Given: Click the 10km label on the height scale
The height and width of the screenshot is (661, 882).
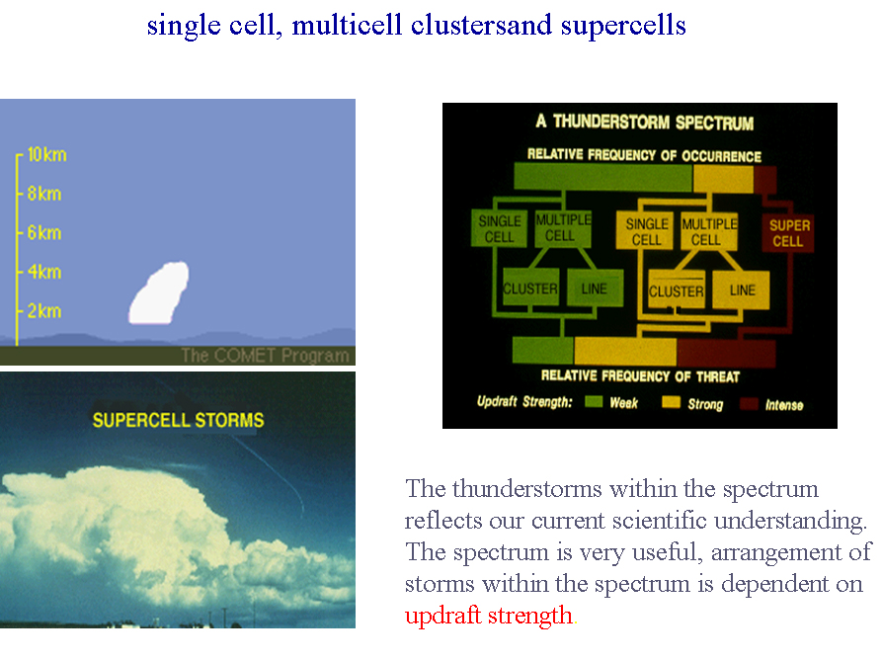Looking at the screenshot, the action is point(46,154).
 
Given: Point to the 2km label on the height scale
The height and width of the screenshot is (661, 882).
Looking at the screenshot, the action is point(43,310).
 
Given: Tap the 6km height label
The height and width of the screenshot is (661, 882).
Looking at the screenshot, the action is point(43,232).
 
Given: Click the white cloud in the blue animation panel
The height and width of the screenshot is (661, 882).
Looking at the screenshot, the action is point(159,293).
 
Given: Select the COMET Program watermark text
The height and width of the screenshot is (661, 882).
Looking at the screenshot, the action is point(265,356).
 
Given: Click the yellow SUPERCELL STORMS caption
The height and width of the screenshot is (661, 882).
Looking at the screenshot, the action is point(179,420).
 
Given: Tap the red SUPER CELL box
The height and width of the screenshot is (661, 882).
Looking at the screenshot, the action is point(788,233).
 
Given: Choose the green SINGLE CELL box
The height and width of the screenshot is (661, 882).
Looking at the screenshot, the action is point(499,229).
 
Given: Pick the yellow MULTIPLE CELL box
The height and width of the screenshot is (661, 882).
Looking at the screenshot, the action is point(709,231).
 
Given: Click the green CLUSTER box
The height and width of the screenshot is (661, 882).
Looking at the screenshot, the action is point(530,289).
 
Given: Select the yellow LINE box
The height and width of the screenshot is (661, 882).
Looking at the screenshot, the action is point(742,289).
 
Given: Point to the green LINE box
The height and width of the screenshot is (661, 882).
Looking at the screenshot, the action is point(595,289).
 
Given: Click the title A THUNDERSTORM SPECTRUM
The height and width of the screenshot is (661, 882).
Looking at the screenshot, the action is point(645,123).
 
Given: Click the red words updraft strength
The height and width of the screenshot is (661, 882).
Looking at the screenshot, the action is point(488,616).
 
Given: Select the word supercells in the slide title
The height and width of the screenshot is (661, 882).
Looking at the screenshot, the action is point(623,26).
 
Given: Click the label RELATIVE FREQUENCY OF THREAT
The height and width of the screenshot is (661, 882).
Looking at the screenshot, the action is point(640,375).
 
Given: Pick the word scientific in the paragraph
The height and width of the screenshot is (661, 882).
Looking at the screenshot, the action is point(659,521).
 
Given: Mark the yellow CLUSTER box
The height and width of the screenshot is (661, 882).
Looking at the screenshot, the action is point(677,290).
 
